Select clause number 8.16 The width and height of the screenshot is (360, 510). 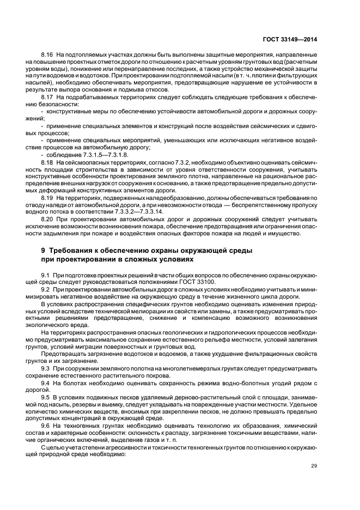[x=47, y=56]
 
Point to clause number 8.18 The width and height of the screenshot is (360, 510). [x=47, y=163]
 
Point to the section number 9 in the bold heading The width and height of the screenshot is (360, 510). [x=44, y=250]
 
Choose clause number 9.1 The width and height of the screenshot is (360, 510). [x=46, y=275]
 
